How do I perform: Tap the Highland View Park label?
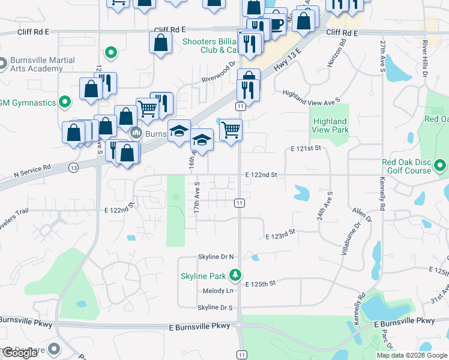[330, 125]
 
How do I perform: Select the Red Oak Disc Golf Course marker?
[441, 164]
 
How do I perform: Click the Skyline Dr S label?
[215, 308]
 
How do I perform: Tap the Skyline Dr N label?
[215, 257]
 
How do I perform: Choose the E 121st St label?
[306, 148]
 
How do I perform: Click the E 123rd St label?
[281, 235]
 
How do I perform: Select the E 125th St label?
[261, 283]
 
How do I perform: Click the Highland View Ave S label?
[312, 95]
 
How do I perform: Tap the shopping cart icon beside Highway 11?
[231, 129]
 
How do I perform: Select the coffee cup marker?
[275, 25]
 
